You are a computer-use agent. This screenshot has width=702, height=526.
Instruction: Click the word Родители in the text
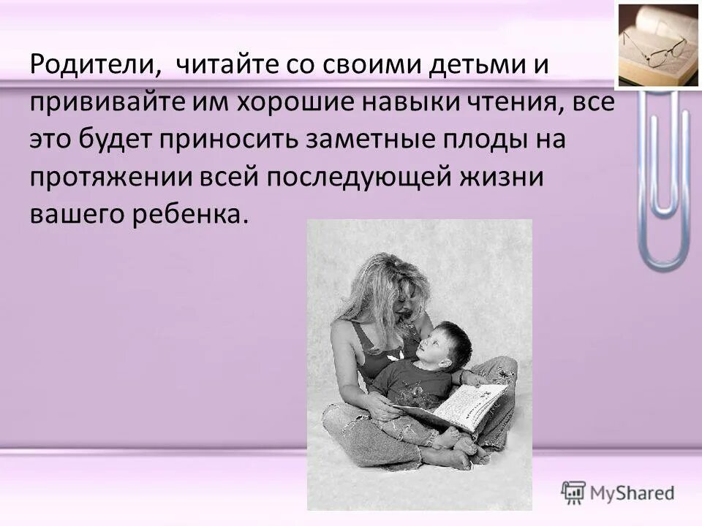coord(91,66)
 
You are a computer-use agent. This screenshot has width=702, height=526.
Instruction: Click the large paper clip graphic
coord(663,183)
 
